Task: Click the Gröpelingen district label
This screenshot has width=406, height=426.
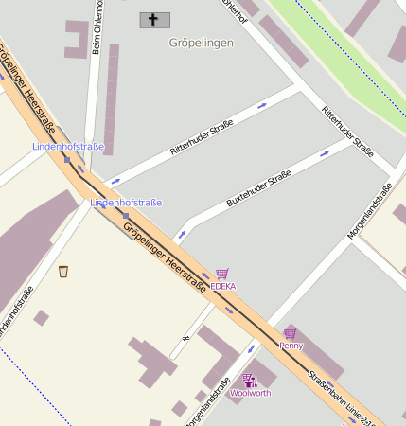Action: (x=201, y=43)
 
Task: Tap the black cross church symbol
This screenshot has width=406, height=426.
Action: (x=153, y=19)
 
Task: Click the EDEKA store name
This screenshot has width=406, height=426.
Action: (x=223, y=286)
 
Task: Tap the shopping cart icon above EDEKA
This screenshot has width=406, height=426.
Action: (x=222, y=274)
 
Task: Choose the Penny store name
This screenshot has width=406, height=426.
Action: (x=291, y=346)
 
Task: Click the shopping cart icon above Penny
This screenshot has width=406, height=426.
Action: (x=290, y=333)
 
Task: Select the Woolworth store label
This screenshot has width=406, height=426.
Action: (x=251, y=393)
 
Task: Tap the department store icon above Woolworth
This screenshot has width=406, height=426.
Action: (x=250, y=381)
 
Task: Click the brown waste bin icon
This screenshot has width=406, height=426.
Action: (x=63, y=272)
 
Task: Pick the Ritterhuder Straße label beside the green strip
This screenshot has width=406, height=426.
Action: (x=347, y=132)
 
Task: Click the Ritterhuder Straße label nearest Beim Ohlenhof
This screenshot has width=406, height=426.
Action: (x=202, y=138)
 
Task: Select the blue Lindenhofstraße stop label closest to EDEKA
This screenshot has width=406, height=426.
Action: (x=126, y=203)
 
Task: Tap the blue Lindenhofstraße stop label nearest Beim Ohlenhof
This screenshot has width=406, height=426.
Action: (x=68, y=147)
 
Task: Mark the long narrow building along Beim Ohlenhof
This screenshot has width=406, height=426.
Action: (x=112, y=99)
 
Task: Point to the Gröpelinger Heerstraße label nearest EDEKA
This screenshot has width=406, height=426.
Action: (x=165, y=255)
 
